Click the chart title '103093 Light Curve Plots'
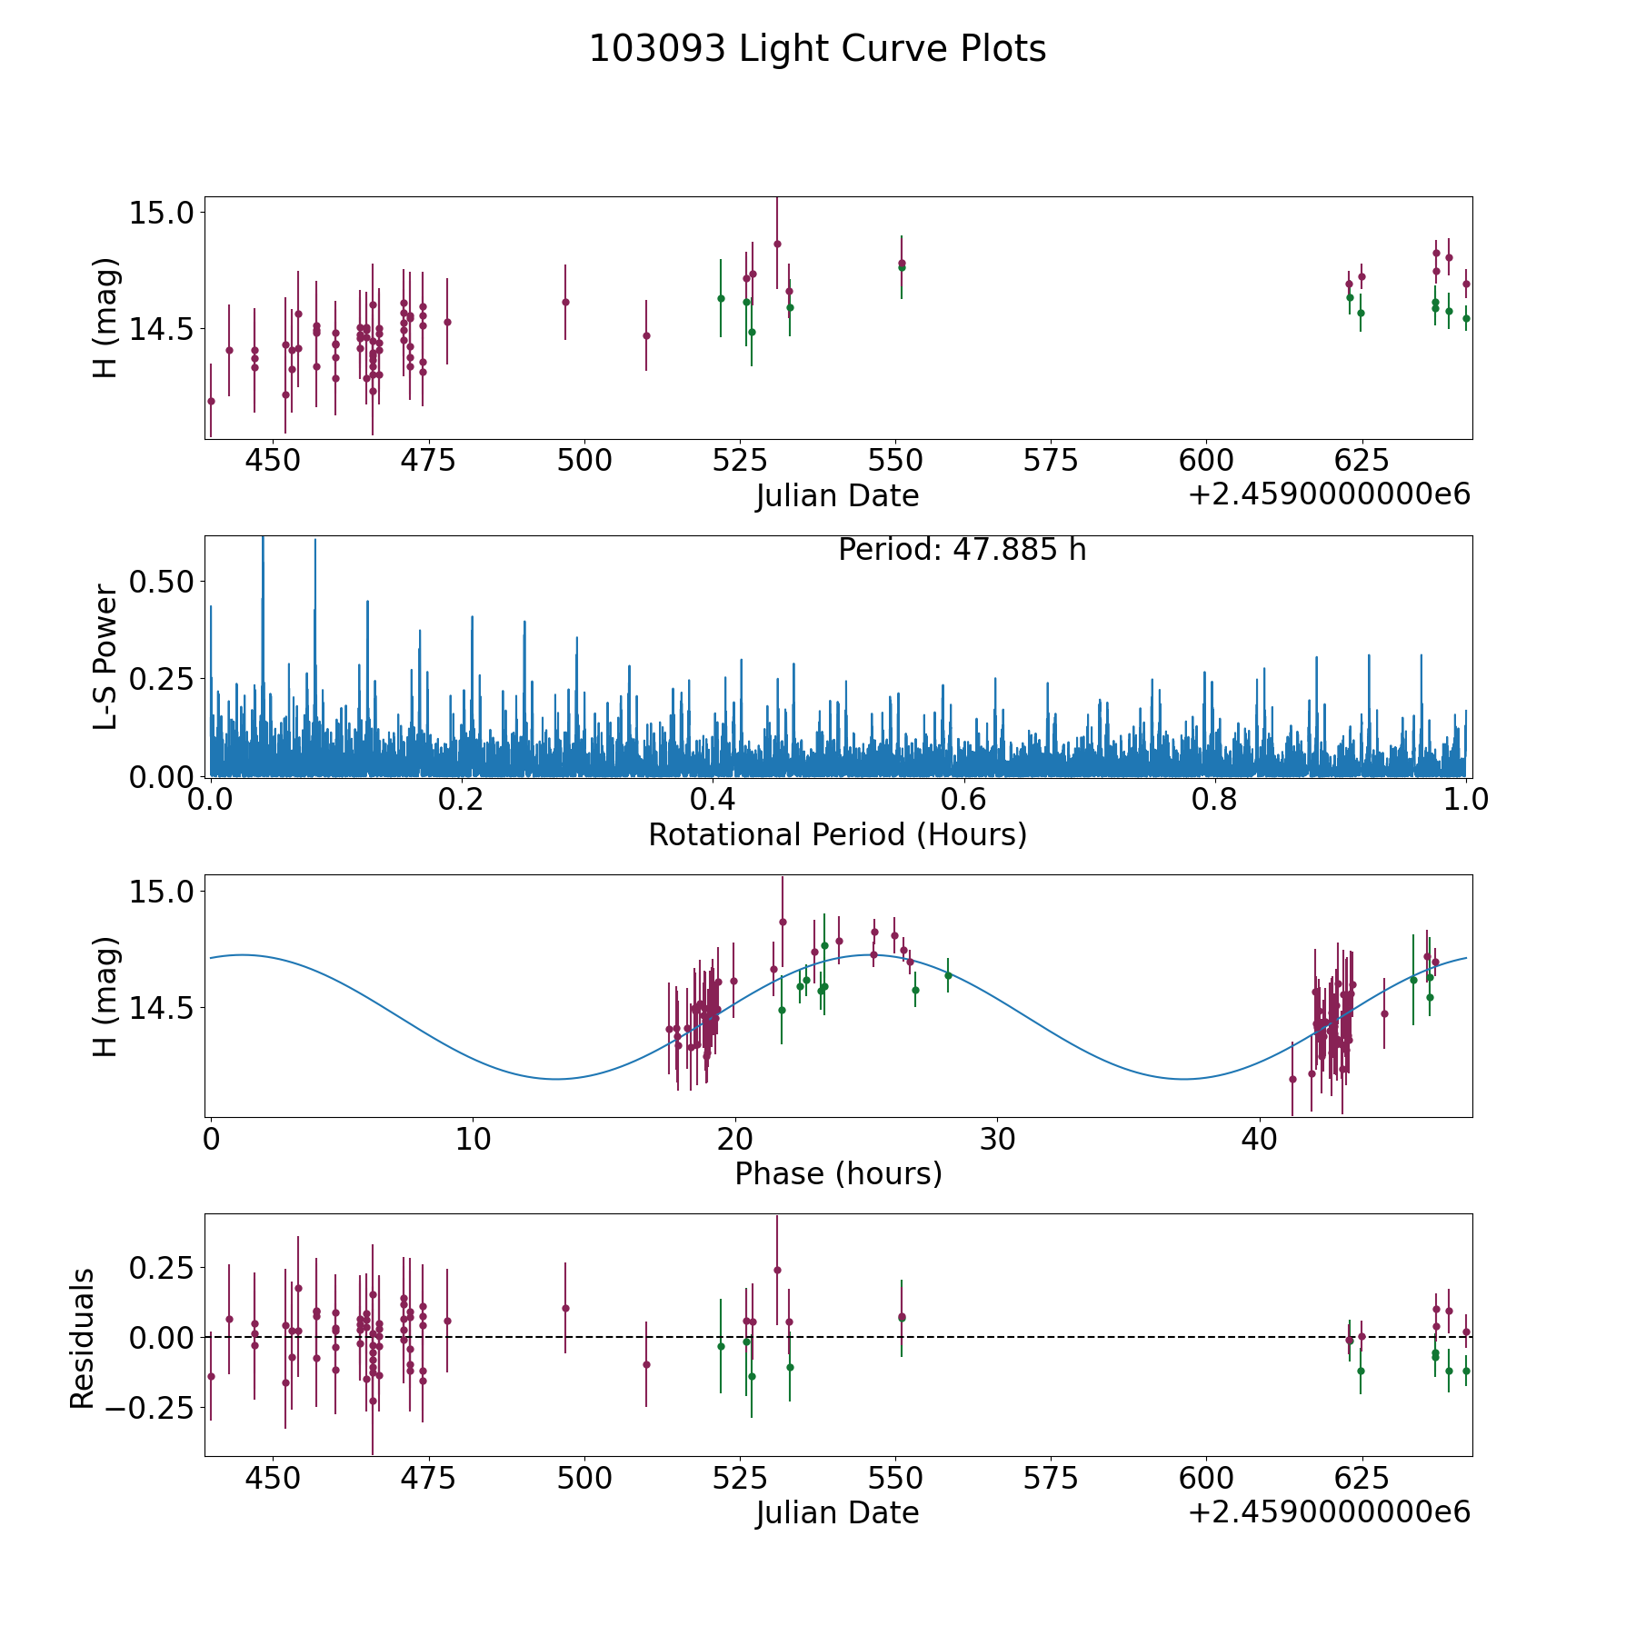click(817, 49)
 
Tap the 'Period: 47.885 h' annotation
click(962, 550)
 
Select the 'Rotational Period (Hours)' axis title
click(837, 834)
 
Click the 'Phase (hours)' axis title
click(838, 1173)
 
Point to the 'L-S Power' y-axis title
click(106, 656)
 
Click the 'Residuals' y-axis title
click(83, 1339)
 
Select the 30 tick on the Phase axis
click(997, 1139)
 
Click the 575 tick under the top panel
click(1051, 461)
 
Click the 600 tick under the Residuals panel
click(1206, 1478)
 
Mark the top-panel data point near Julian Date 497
click(565, 302)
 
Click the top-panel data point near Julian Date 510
click(646, 335)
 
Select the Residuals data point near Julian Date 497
click(565, 1308)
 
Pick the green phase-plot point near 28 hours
click(948, 975)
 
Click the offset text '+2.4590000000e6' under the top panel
click(1329, 495)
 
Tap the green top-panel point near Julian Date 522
click(721, 298)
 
